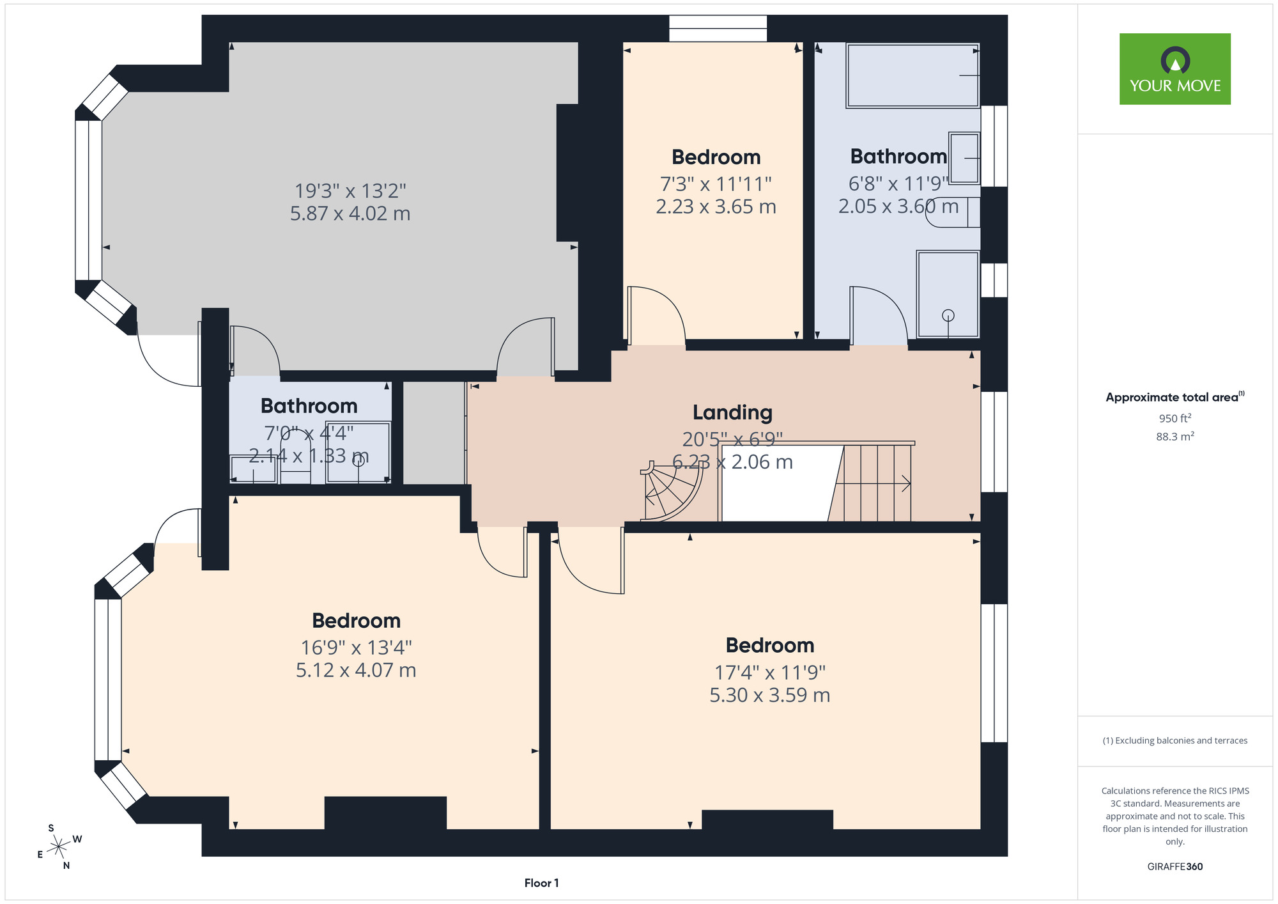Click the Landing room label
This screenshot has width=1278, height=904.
point(732,413)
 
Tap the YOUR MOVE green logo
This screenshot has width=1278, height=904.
point(1174,69)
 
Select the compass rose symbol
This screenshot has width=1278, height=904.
point(59,847)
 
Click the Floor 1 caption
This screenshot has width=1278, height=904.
point(541,883)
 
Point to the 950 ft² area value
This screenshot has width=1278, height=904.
point(1175,418)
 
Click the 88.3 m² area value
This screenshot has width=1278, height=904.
point(1175,437)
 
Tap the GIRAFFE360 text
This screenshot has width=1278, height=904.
point(1174,867)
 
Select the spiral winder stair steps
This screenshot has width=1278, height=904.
point(671,491)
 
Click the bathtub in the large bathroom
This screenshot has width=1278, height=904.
point(912,75)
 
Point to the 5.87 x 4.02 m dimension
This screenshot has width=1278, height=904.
point(350,214)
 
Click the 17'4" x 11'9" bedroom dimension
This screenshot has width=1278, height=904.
point(770,673)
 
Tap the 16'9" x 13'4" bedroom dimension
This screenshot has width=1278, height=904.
point(356,648)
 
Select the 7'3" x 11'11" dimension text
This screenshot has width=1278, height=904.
point(716,184)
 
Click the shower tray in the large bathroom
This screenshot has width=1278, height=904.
point(948,294)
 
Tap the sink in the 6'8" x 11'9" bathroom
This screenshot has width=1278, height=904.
point(964,158)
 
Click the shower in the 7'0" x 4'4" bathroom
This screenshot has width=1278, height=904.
point(358,452)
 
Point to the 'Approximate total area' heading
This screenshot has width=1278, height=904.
point(1175,397)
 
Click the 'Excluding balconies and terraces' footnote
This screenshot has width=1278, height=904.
point(1175,740)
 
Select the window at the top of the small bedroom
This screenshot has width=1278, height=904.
point(718,29)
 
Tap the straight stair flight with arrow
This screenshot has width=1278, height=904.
point(873,483)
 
